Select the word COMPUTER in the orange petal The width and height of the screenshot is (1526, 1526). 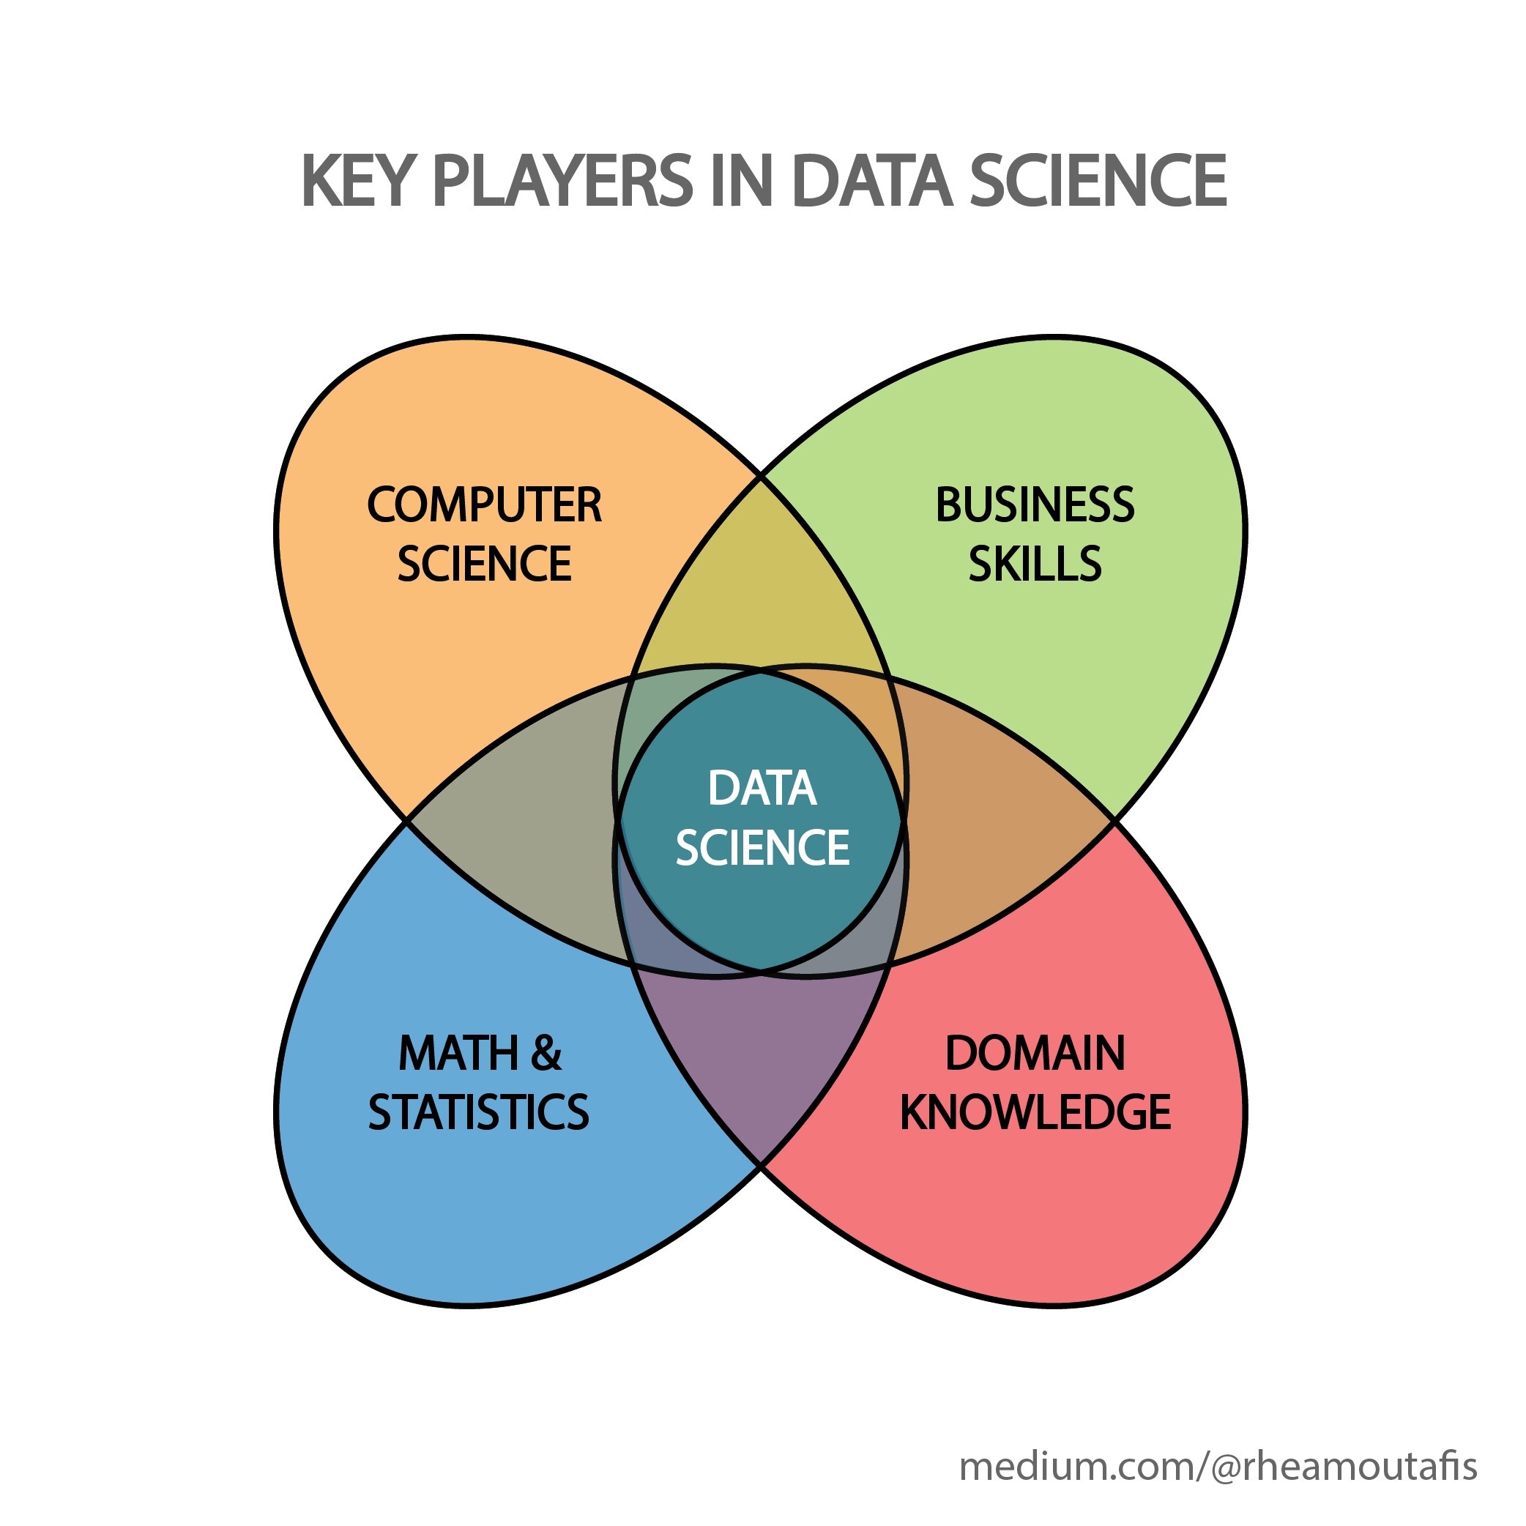click(484, 505)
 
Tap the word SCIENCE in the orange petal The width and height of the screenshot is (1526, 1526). click(484, 563)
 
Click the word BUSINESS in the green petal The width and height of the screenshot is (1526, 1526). click(1035, 505)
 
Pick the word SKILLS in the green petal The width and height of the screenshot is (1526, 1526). click(1035, 563)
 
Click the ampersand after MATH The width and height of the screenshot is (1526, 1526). click(546, 1053)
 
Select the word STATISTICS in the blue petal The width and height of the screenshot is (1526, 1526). click(479, 1112)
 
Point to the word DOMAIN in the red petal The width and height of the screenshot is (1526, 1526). click(1035, 1053)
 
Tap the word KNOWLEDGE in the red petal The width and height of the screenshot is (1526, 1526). click(1035, 1112)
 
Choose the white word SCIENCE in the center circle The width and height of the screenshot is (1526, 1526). click(762, 846)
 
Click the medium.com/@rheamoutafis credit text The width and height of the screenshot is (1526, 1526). click(1217, 1466)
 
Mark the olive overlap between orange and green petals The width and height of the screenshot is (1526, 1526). click(761, 584)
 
